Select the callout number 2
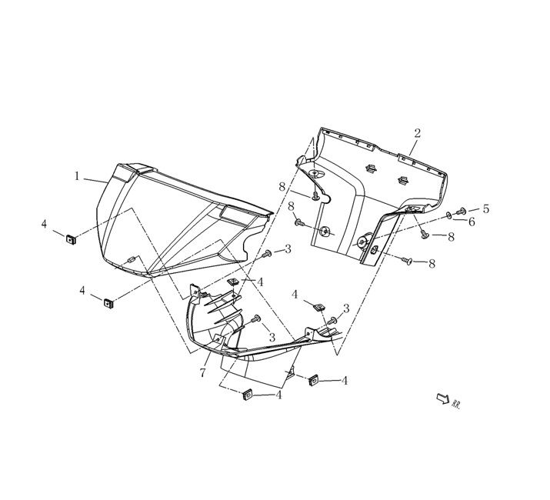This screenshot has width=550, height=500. coord(417,133)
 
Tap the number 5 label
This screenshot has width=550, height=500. coord(485,208)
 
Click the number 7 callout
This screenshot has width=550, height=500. coord(202,373)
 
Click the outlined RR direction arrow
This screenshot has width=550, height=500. coord(442,398)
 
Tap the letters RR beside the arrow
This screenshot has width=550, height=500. coord(456,402)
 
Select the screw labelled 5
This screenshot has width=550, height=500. coord(461,211)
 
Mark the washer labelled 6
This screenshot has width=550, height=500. coord(448,215)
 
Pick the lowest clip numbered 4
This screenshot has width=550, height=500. coord(248,395)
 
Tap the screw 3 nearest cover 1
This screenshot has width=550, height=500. coord(267,253)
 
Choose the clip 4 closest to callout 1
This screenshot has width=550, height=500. coord(69,238)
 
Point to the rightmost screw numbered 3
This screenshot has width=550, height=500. coord(332,320)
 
